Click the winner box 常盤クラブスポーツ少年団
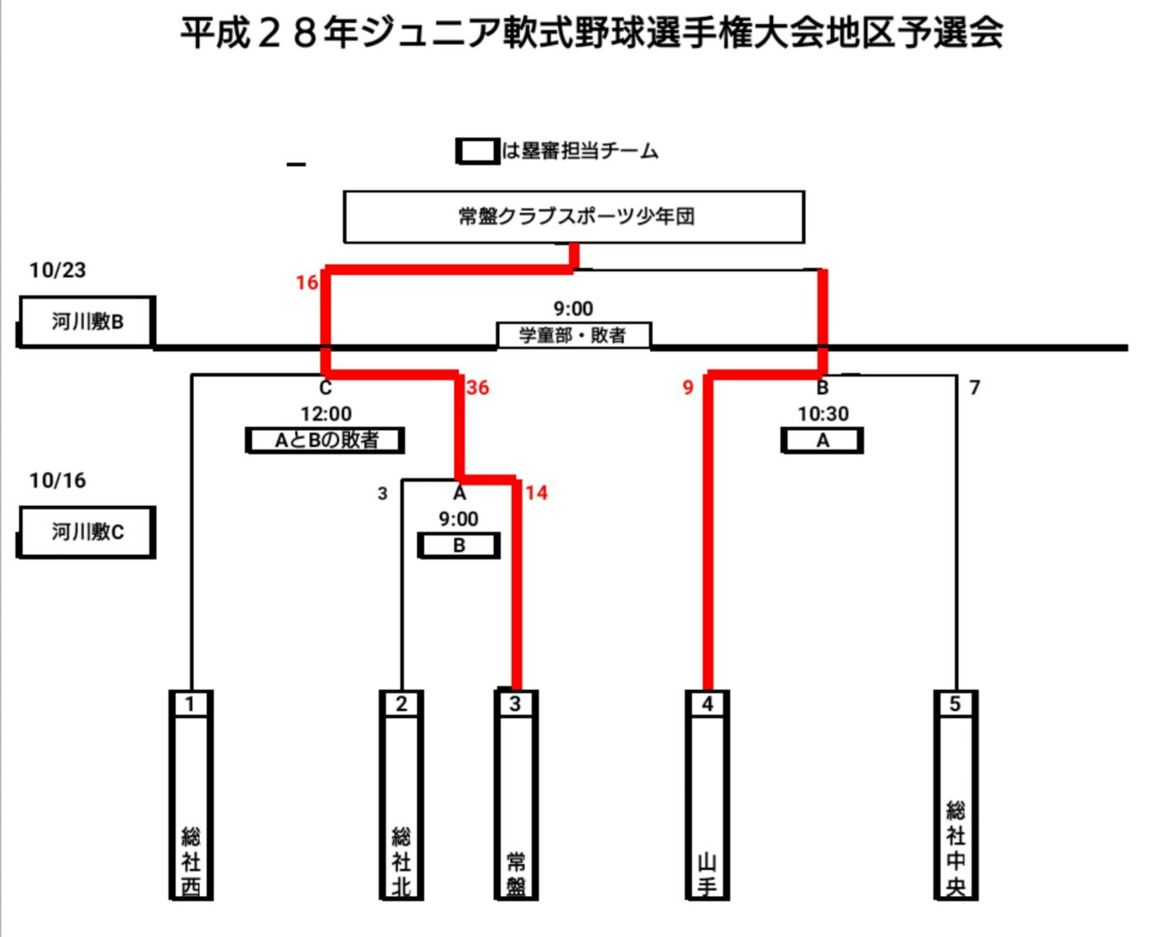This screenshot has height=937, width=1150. point(574,216)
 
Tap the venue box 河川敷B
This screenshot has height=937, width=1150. point(87,321)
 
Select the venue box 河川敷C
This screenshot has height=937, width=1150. point(87,532)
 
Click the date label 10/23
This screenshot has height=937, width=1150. point(57,270)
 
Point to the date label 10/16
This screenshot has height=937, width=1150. point(57,481)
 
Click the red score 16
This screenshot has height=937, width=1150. point(306,283)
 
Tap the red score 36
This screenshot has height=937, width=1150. point(478,387)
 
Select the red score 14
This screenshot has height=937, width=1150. point(536,493)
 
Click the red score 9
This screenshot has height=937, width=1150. point(687,387)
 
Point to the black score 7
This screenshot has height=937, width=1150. point(975,387)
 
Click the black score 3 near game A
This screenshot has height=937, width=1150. point(382,493)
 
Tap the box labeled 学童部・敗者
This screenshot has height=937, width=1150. point(573,336)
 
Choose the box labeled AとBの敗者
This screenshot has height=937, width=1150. point(326,440)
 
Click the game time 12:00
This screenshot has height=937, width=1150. point(326,414)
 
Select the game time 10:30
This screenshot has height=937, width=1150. point(823,414)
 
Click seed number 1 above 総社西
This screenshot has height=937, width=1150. point(190,704)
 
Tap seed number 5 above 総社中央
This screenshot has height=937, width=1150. point(955,704)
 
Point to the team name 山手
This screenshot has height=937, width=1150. point(707,875)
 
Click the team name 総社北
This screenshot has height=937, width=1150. point(401,861)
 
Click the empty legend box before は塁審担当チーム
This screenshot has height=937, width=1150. point(478,151)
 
